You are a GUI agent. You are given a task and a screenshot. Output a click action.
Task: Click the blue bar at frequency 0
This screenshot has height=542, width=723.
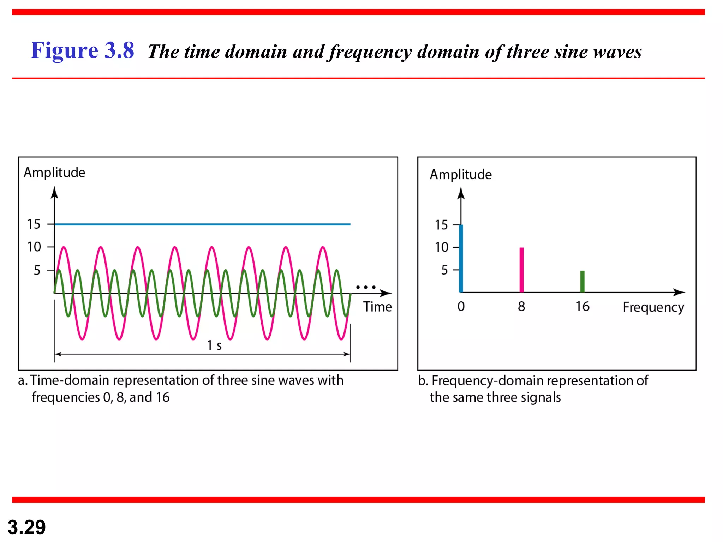[461, 259]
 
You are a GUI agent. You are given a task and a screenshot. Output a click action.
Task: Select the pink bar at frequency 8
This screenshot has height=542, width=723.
[521, 270]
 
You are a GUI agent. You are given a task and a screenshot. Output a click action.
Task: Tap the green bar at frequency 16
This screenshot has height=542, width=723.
[582, 281]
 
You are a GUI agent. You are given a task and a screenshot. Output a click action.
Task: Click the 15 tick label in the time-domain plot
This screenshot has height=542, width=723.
[34, 224]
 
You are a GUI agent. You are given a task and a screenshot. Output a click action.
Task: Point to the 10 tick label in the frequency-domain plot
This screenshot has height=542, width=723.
[441, 247]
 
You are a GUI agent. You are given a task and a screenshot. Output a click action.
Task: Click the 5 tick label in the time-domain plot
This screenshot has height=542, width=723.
[37, 270]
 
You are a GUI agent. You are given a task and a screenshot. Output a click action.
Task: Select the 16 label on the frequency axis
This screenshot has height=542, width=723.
[582, 306]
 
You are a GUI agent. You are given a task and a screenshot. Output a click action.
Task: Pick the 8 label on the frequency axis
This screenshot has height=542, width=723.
[521, 306]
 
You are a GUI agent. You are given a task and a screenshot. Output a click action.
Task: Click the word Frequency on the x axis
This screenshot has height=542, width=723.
[653, 307]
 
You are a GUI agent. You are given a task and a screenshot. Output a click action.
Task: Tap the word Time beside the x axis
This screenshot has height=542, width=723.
[377, 307]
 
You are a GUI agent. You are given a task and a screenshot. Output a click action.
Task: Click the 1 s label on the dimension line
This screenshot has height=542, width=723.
[214, 345]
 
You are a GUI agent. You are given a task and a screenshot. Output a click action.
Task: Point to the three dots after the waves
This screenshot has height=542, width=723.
[366, 287]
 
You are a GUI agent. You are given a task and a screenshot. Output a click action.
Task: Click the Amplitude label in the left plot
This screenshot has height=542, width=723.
[54, 173]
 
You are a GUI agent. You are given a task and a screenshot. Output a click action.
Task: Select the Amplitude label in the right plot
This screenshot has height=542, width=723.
[460, 175]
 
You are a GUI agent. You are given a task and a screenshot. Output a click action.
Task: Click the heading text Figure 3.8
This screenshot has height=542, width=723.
[82, 50]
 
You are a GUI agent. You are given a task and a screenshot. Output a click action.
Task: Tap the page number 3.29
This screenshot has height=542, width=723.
[26, 527]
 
